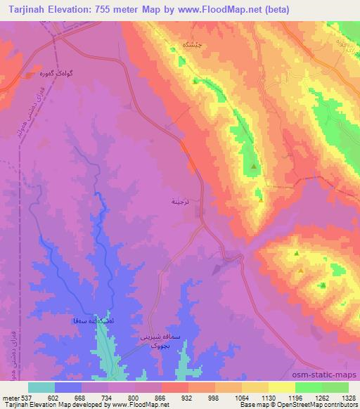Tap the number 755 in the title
click(103, 11)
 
